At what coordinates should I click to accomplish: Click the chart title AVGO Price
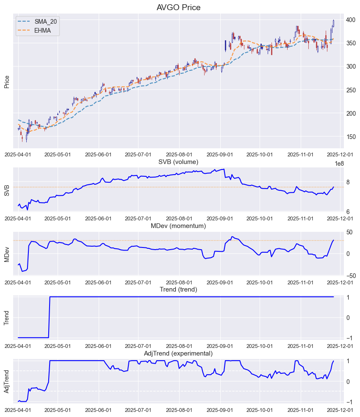click(x=178, y=8)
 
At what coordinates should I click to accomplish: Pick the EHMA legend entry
click(x=42, y=31)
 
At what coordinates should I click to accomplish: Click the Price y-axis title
click(x=7, y=81)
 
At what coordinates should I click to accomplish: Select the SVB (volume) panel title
click(x=178, y=162)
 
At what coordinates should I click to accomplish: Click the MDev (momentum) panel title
click(x=178, y=226)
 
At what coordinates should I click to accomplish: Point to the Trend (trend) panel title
click(x=178, y=289)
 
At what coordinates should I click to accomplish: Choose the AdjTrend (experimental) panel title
click(x=178, y=353)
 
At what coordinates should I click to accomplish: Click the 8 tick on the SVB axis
click(x=348, y=182)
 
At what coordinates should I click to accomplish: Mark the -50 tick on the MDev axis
click(x=351, y=276)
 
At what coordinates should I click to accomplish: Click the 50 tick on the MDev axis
click(x=351, y=232)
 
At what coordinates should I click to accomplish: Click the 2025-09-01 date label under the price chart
click(x=221, y=155)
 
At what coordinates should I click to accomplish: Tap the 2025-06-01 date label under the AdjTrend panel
click(x=99, y=410)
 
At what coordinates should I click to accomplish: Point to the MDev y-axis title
click(x=7, y=254)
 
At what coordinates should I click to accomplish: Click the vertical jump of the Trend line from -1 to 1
click(x=50, y=317)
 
